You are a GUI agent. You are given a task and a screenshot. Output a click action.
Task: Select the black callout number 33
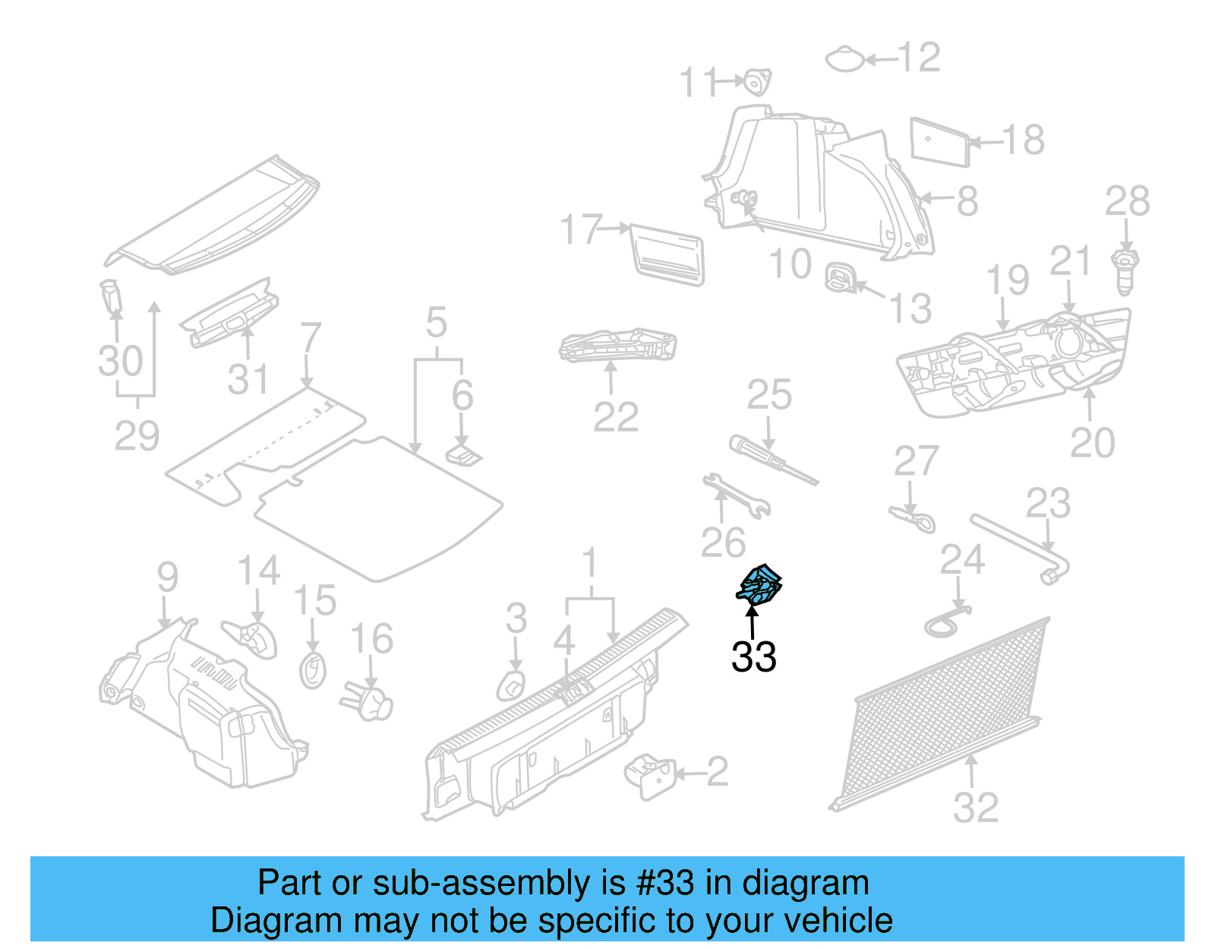click(753, 656)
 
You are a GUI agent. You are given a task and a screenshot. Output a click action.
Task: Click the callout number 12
click(919, 58)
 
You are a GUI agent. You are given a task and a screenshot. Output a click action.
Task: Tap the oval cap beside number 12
click(844, 59)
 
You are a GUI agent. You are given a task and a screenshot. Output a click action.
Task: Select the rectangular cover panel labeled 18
click(940, 141)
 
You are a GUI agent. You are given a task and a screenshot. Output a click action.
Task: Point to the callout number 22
click(616, 417)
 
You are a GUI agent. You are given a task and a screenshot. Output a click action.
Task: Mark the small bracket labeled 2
click(649, 776)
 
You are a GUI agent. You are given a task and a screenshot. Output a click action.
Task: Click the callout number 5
click(437, 323)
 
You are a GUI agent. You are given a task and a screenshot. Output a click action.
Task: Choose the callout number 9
click(167, 577)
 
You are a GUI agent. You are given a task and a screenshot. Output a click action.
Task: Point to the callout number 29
click(137, 435)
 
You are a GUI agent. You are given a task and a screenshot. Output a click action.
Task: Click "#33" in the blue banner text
click(665, 884)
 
